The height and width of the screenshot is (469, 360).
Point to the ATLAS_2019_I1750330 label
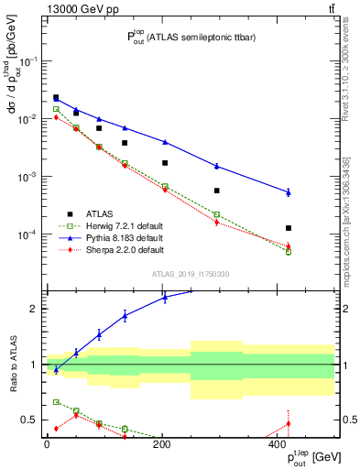(x=189, y=274)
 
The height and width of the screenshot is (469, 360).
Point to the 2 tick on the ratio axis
(x=35, y=309)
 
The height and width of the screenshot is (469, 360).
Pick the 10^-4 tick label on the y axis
(x=27, y=234)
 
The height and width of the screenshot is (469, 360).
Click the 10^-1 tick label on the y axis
(x=27, y=60)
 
